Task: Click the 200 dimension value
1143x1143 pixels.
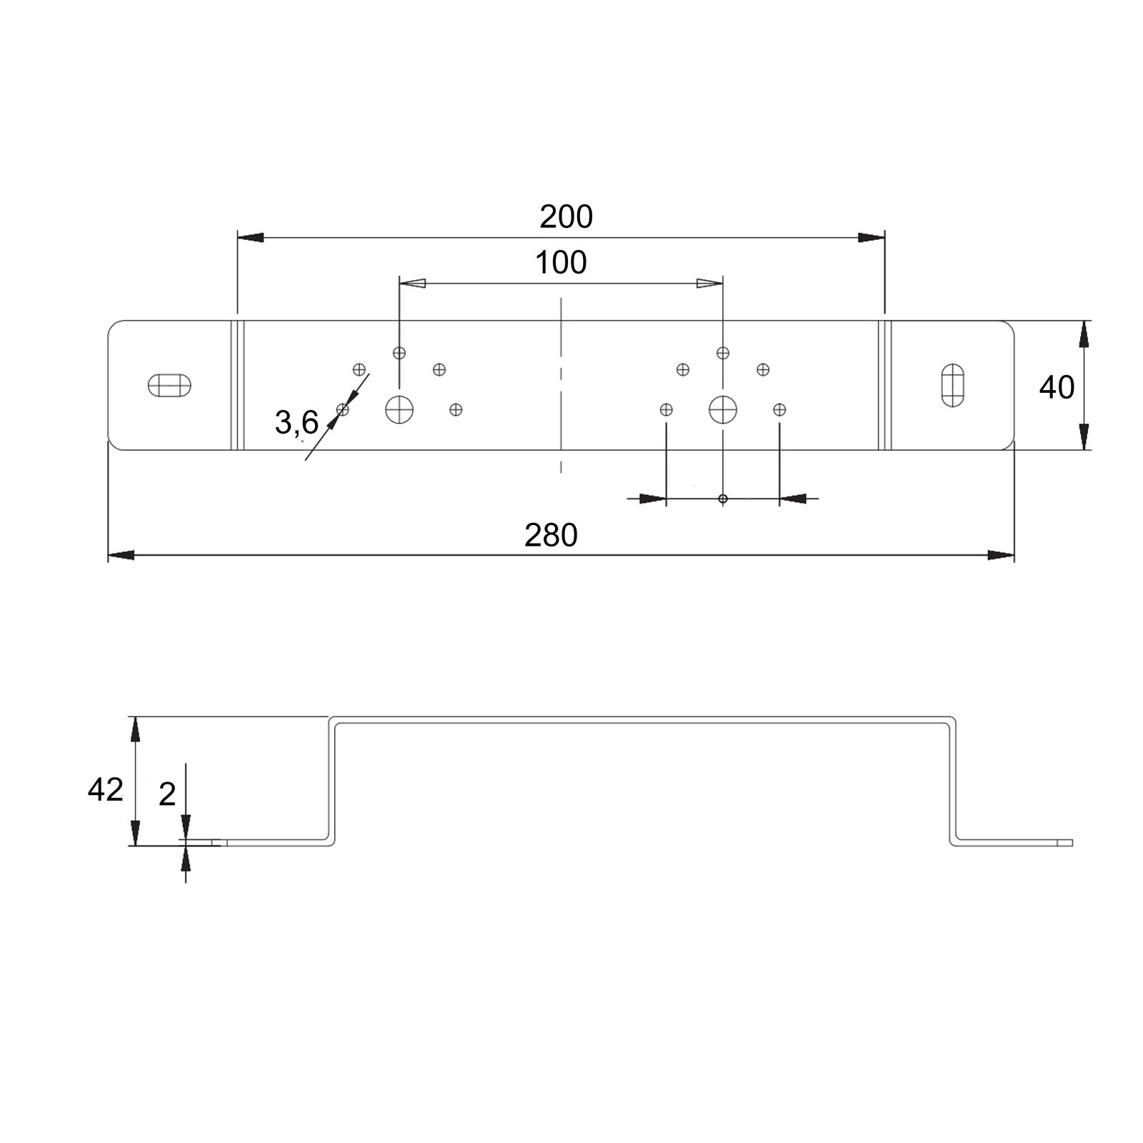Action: click(x=566, y=217)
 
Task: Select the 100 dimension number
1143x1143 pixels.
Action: click(x=561, y=263)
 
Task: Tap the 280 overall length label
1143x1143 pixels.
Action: click(x=551, y=536)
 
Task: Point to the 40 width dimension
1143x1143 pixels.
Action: click(x=1057, y=387)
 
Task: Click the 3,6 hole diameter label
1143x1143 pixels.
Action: click(x=296, y=423)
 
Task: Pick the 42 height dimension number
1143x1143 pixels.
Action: click(x=105, y=789)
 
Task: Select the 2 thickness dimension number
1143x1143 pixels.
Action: click(x=167, y=794)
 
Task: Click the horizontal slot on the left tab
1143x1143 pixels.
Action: click(x=169, y=385)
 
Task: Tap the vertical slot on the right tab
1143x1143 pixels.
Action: click(x=952, y=385)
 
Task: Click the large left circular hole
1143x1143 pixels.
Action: click(x=399, y=409)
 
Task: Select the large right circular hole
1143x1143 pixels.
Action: click(x=723, y=409)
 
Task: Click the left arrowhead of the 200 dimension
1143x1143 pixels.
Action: click(x=251, y=237)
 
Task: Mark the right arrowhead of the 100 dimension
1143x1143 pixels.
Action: click(x=709, y=284)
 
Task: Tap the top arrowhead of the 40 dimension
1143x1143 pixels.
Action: click(x=1084, y=334)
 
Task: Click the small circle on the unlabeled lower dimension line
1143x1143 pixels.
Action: click(x=723, y=499)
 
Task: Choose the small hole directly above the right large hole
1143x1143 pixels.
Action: click(x=723, y=352)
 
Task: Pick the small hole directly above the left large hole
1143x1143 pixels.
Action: click(x=399, y=352)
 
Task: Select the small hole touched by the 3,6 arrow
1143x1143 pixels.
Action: click(x=343, y=409)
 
